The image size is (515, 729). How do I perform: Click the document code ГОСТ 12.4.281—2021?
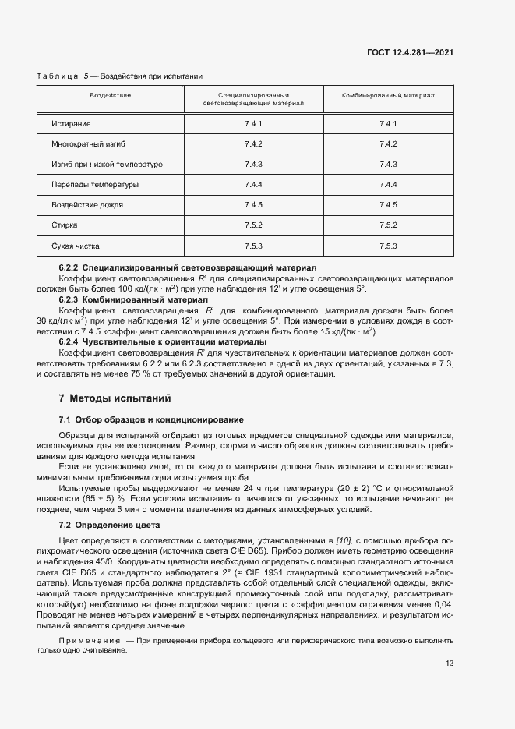(x=410, y=53)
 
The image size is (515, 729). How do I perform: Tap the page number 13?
(x=450, y=664)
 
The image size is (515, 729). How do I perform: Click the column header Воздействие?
(x=110, y=95)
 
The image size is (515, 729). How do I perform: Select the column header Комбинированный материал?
(x=388, y=95)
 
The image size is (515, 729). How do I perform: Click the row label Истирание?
(x=71, y=124)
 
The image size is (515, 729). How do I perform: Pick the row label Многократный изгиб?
(x=83, y=144)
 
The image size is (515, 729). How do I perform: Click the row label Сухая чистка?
(x=76, y=246)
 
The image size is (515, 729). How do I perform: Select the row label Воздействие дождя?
(x=87, y=205)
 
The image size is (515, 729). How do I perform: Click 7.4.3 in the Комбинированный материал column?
(x=388, y=165)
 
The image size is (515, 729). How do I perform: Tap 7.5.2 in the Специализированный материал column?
(x=253, y=225)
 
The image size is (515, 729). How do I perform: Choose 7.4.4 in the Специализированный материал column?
(x=253, y=185)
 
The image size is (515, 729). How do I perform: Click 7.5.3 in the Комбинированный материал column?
(x=388, y=246)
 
